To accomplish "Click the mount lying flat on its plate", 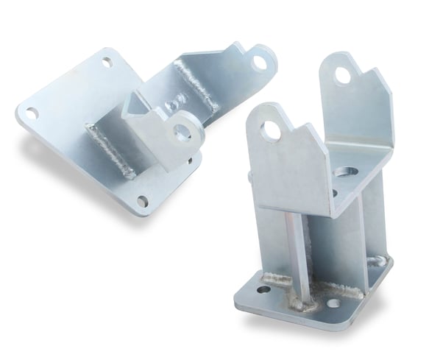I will pos(132,125).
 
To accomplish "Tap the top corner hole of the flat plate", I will pos(107,63).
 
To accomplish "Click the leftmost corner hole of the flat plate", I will pos(31,113).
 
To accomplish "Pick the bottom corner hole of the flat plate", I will pos(143,200).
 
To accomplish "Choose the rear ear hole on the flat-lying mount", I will pos(259,62).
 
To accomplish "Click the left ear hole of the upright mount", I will pos(271,130).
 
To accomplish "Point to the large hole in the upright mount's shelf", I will pos(345,172).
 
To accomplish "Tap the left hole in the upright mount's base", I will pos(263,290).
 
